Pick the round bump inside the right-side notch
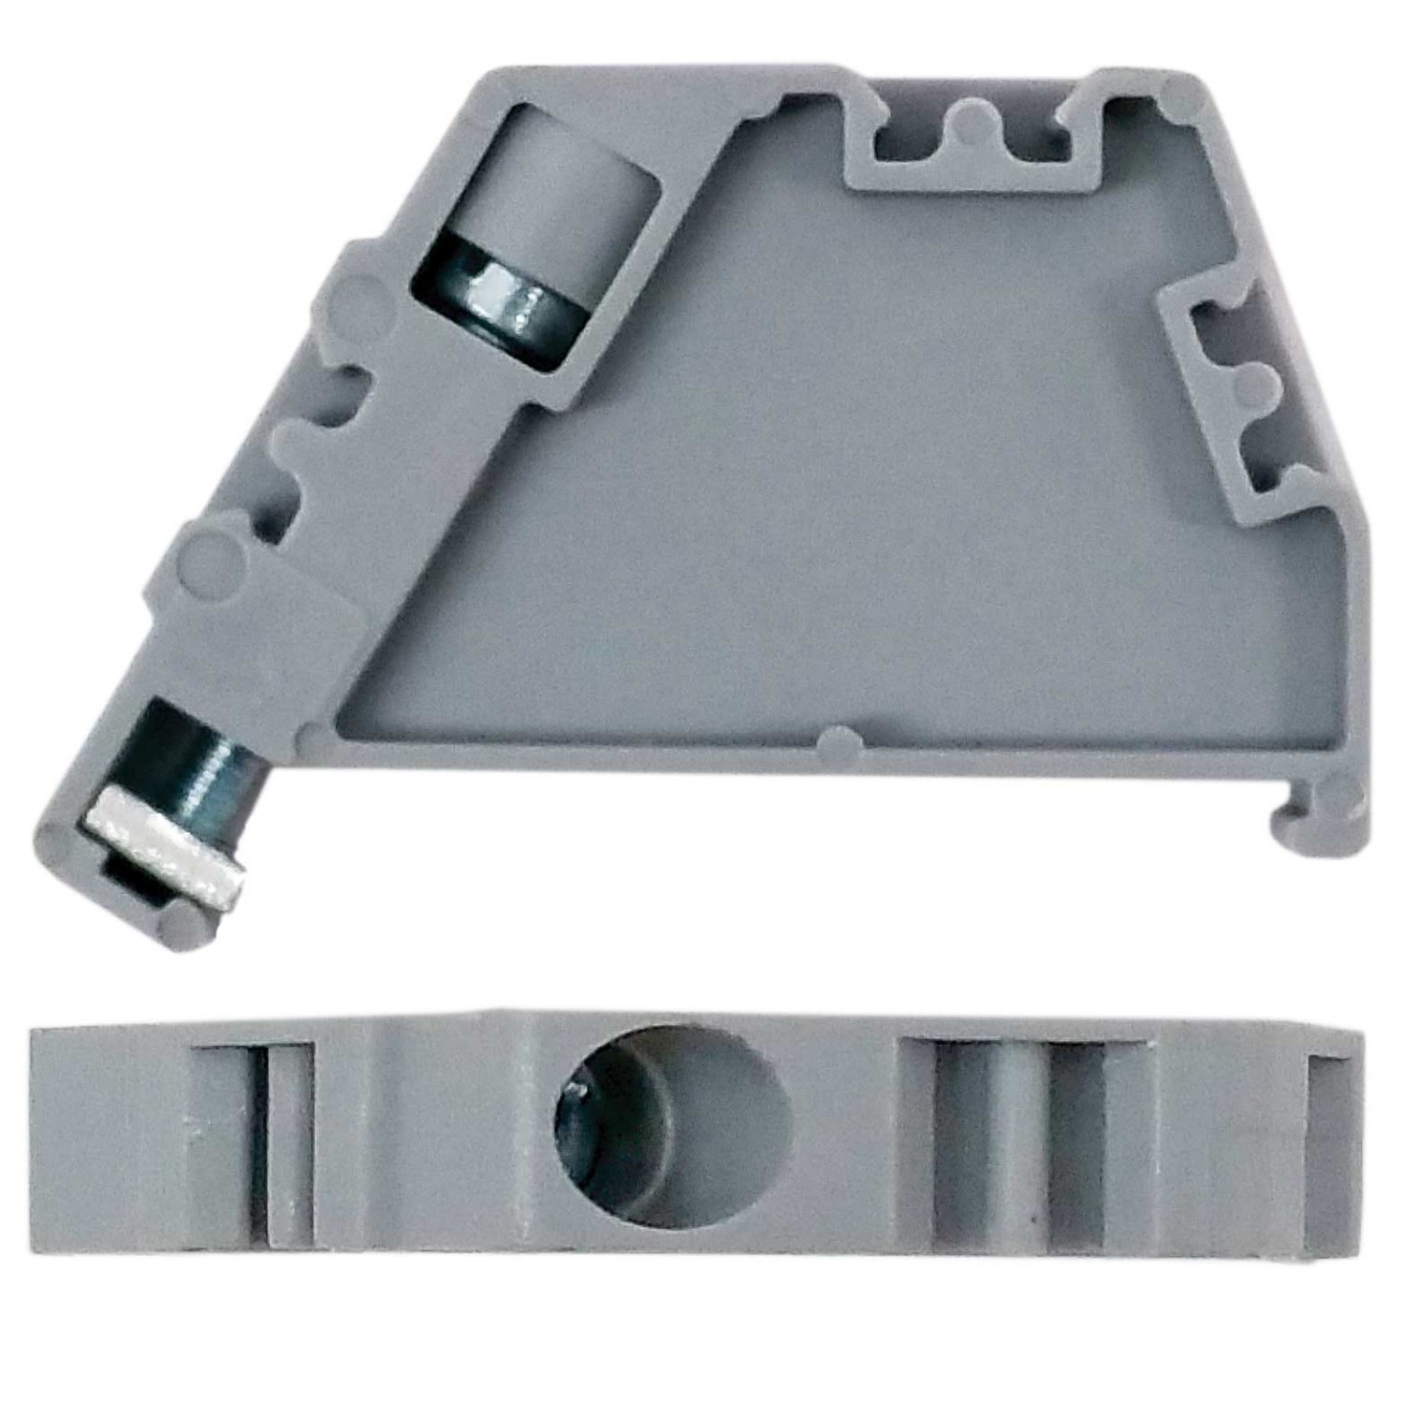tap(1254, 386)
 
